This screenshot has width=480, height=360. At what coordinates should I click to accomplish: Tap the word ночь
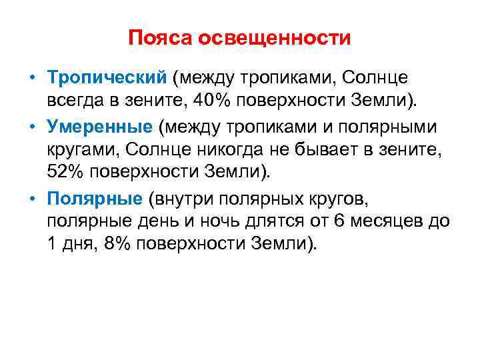(203, 221)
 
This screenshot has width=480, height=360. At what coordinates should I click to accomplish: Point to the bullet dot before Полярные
(31, 199)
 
